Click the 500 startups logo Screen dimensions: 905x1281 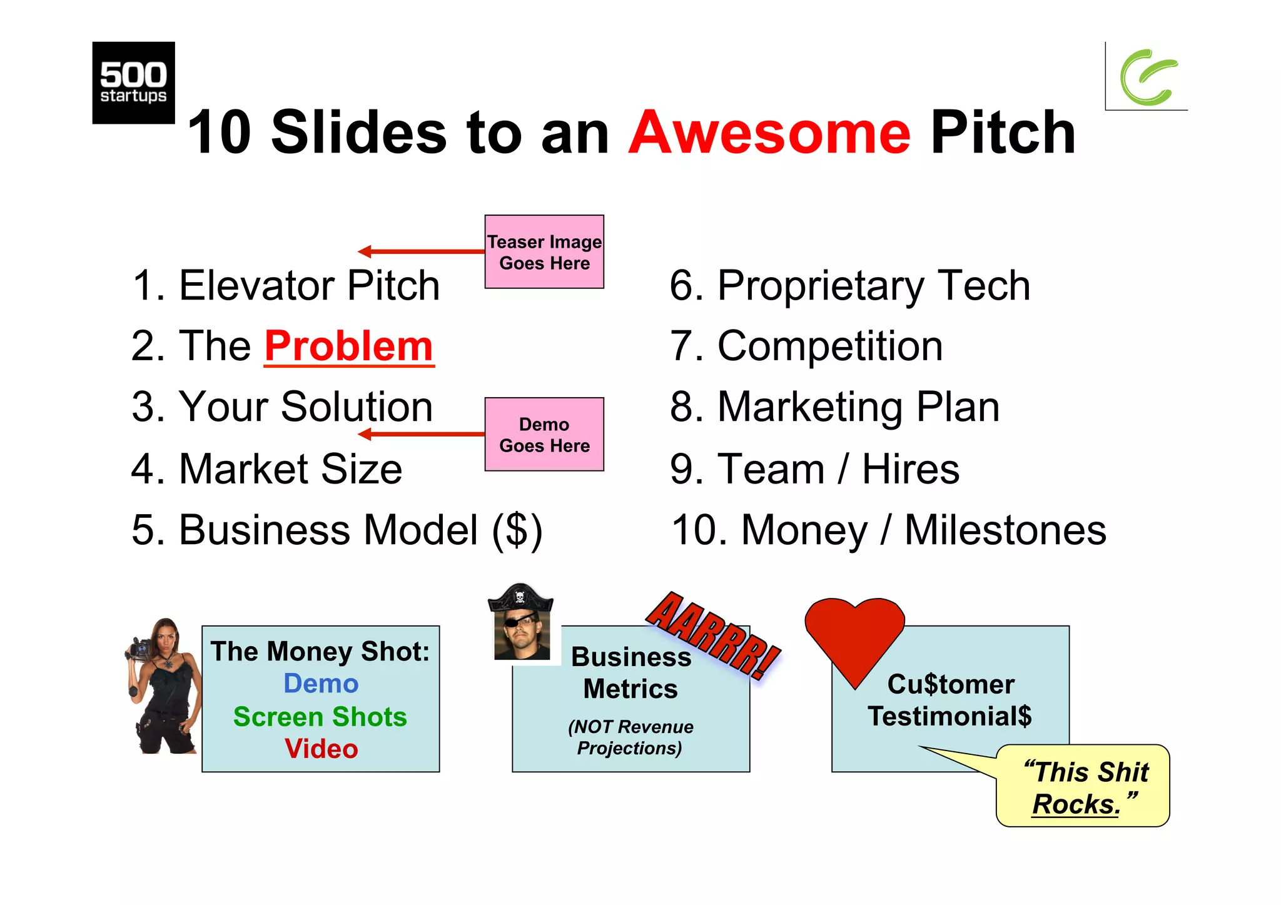[133, 83]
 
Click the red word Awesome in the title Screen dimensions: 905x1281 [769, 133]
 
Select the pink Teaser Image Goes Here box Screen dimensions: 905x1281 [544, 252]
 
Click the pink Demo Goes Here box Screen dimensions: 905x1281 [544, 435]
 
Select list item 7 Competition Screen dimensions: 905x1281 [806, 346]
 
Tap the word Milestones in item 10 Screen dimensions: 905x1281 [1005, 530]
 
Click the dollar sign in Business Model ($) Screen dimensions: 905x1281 [517, 530]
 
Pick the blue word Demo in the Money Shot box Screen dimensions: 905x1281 [321, 684]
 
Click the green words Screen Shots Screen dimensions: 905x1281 [320, 717]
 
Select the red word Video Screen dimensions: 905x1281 [321, 749]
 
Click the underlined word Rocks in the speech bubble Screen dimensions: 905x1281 [1075, 804]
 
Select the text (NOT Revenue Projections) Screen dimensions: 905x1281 [630, 737]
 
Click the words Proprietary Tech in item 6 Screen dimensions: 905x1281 [873, 286]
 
